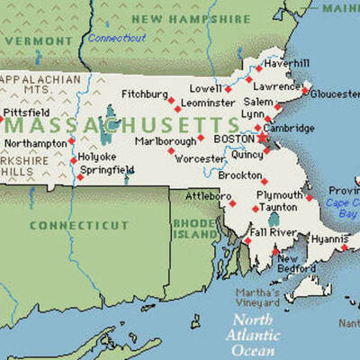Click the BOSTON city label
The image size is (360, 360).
coord(237,139)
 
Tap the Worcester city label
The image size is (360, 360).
coord(201,159)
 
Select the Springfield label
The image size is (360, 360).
coord(107,169)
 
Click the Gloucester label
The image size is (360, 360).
coord(334,93)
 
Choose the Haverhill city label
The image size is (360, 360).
coord(286,62)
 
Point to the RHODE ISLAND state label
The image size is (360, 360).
coord(195,229)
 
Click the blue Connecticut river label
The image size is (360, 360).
coord(117,38)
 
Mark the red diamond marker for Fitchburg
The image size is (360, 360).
coord(170,101)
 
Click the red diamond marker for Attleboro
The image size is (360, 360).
coord(231,203)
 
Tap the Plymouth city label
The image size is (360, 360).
coord(280,194)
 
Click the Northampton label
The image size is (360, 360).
coord(36,142)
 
